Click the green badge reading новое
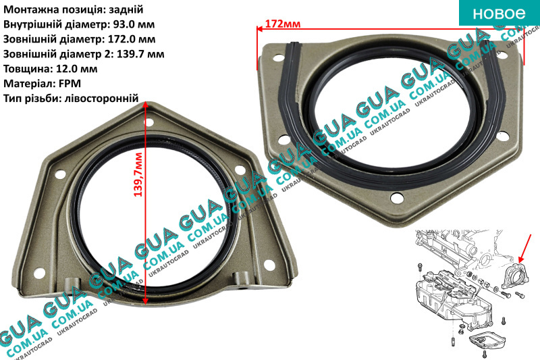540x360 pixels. [x=499, y=13]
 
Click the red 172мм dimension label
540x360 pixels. [x=283, y=24]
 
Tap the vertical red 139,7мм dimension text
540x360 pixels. [x=138, y=175]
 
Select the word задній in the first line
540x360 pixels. [x=126, y=9]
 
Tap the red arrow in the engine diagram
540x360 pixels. [x=525, y=248]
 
